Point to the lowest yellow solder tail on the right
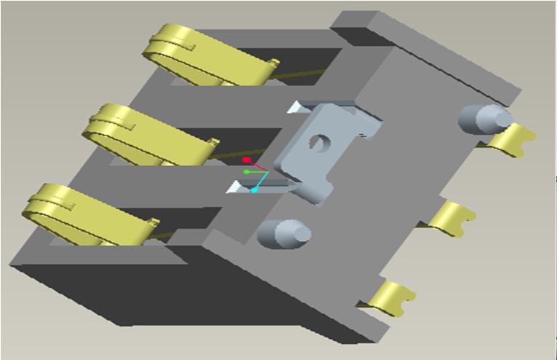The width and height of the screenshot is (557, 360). coord(393,297)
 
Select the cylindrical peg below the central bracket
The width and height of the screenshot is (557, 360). coord(283,234)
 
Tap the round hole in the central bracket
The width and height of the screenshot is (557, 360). coord(317,141)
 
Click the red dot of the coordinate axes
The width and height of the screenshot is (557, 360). coord(247,160)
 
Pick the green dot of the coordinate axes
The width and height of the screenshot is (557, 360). coord(247,172)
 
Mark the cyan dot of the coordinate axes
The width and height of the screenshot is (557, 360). coord(254,190)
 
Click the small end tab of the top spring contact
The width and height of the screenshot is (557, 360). coord(273,63)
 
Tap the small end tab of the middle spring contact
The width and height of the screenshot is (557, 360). coord(213,141)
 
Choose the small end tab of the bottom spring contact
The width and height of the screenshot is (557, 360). coord(154,222)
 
